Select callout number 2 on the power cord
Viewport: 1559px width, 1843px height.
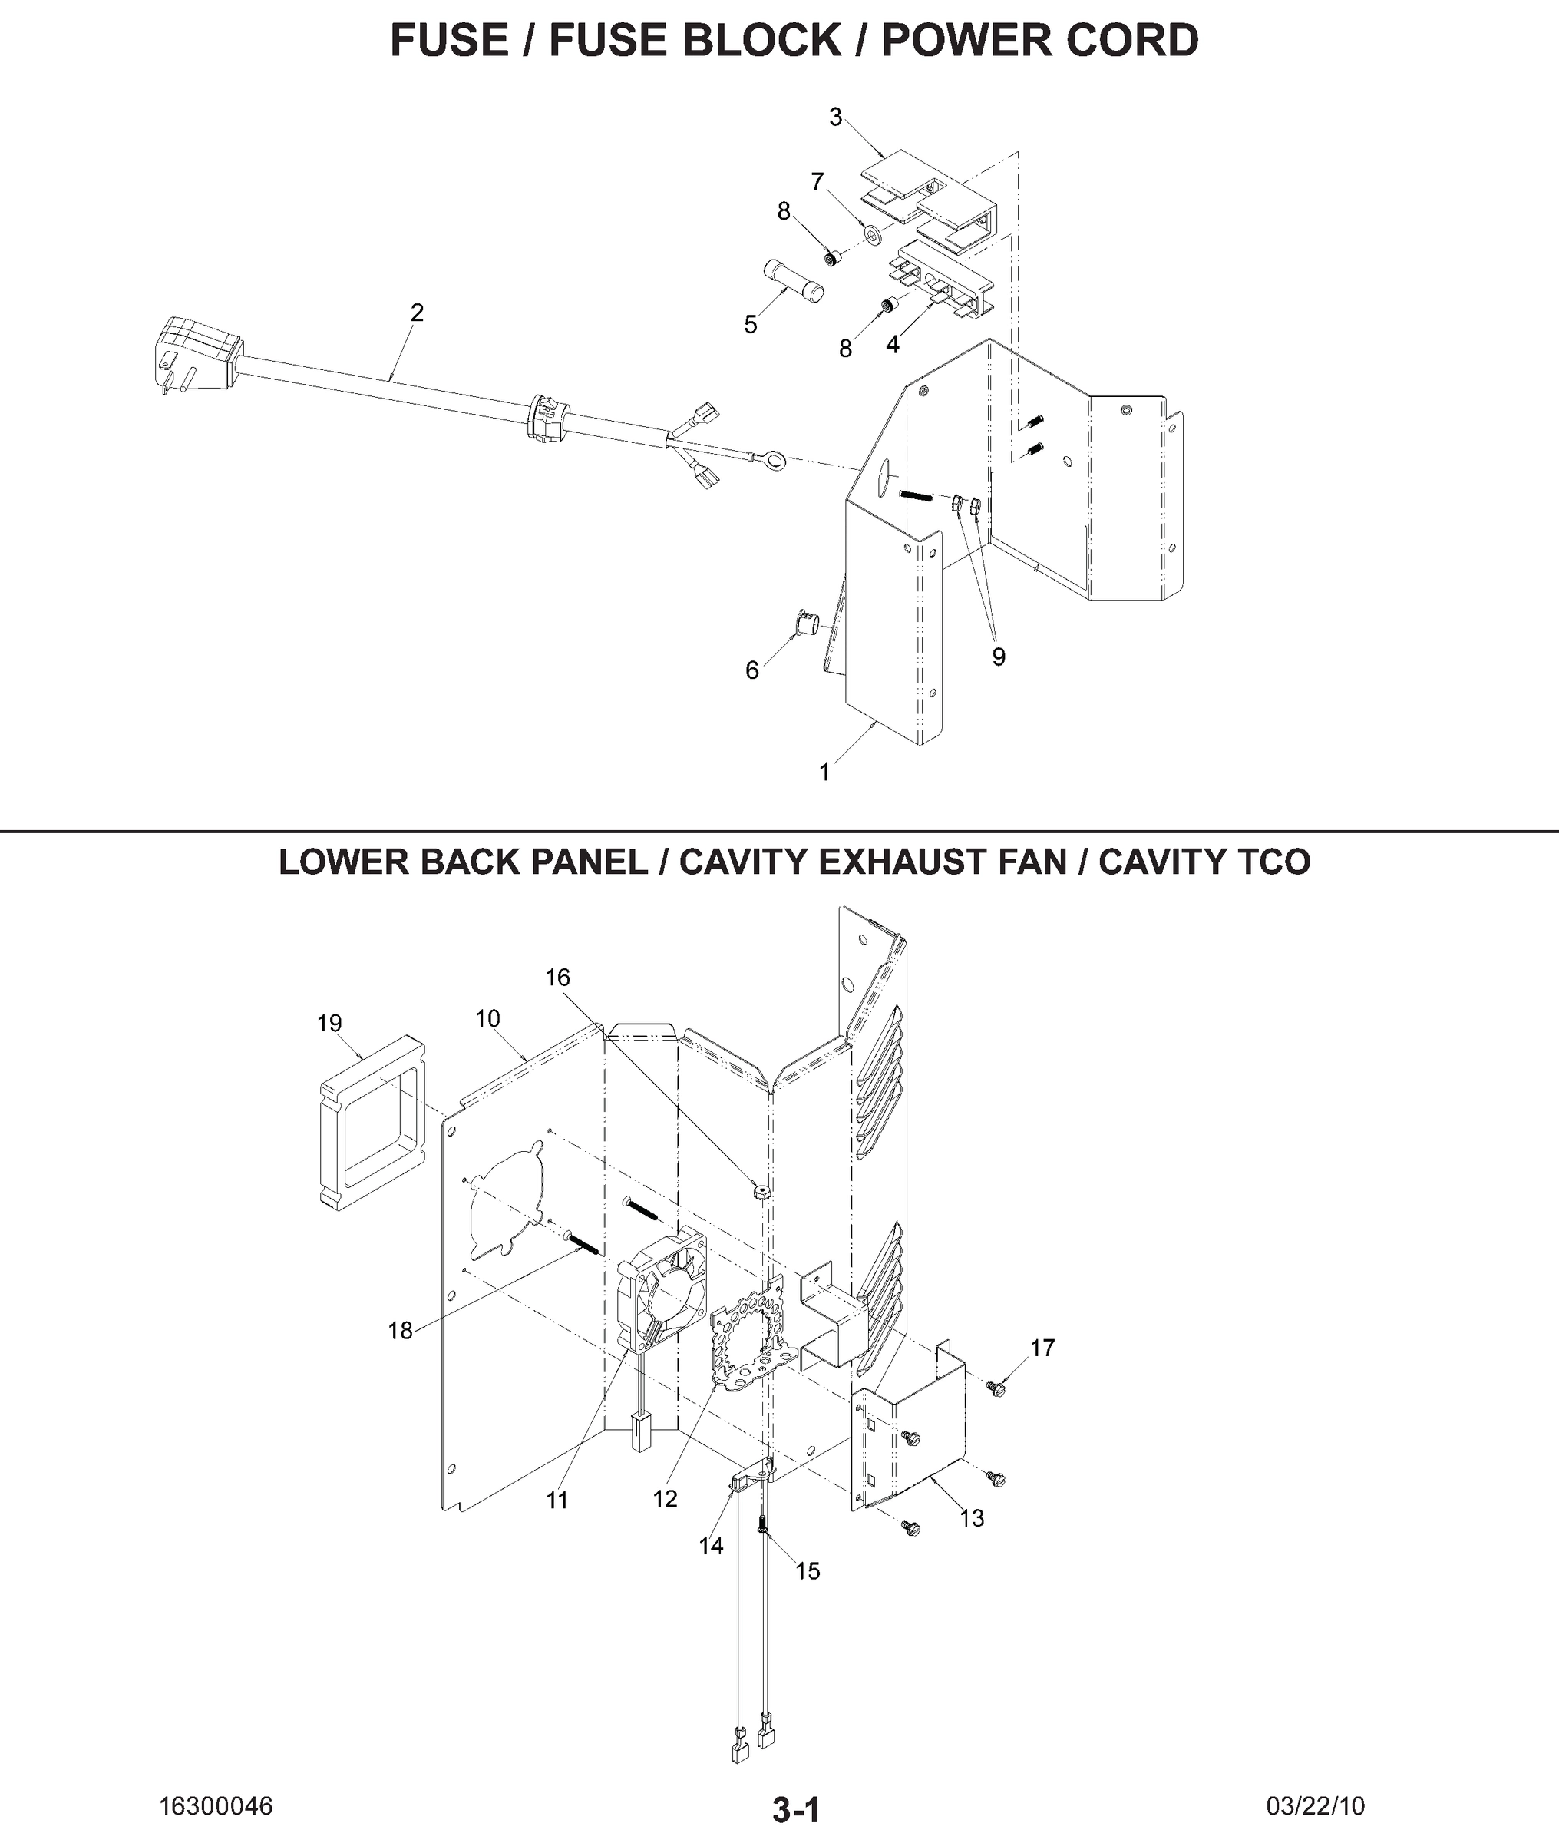[417, 312]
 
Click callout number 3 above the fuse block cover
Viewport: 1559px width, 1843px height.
[835, 117]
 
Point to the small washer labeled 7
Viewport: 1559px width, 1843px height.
[874, 234]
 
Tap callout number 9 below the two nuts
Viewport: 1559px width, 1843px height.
[998, 657]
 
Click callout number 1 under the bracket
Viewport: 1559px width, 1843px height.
[824, 772]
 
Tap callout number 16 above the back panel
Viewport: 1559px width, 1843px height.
[558, 977]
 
